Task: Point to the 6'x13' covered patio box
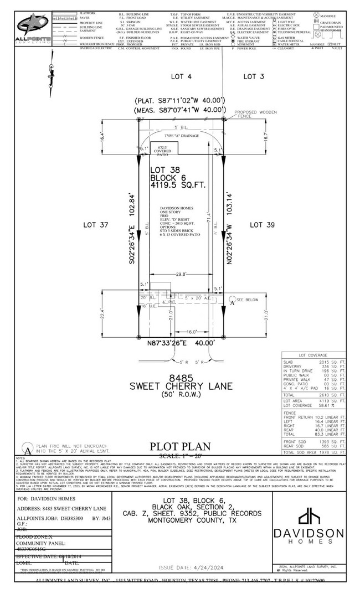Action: pos(164,148)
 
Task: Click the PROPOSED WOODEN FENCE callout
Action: pos(251,114)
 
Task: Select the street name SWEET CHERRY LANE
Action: pos(179,385)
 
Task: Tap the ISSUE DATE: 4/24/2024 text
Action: pos(191,568)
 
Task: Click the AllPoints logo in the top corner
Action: pos(33,28)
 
